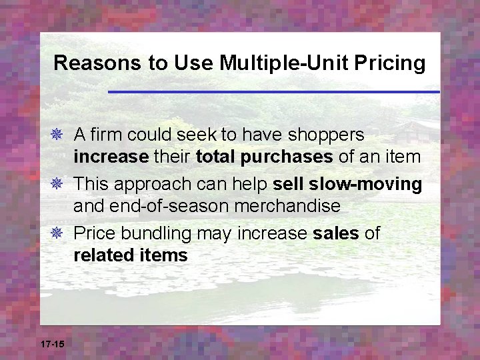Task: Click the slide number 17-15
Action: [52, 344]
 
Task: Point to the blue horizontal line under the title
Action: [273, 91]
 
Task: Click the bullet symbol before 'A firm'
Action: [61, 135]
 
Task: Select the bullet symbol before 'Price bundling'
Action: [61, 234]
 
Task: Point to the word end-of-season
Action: [154, 206]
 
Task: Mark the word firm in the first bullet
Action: [107, 135]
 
